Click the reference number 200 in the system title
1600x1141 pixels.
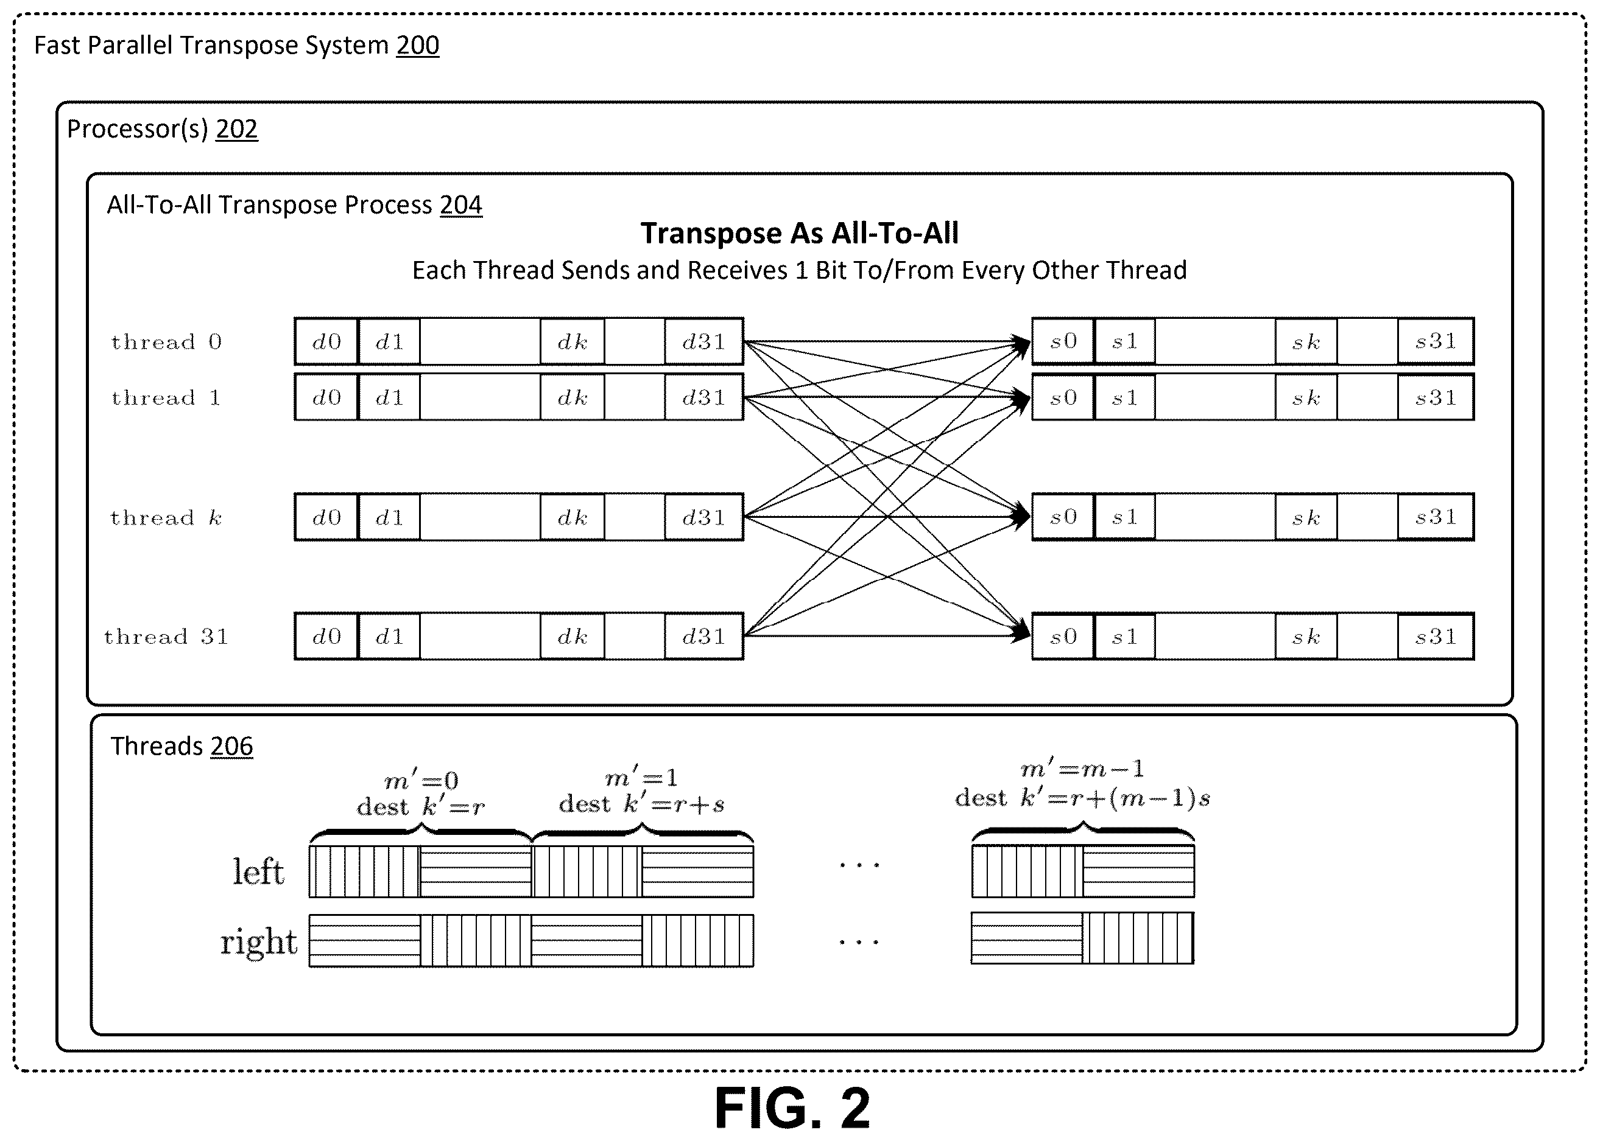(418, 45)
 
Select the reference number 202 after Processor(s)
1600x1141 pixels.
(236, 128)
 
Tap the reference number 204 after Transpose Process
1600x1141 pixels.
(461, 204)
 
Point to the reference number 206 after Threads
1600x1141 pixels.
(231, 745)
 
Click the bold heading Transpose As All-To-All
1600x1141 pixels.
(799, 233)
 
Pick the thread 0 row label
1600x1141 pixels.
(167, 342)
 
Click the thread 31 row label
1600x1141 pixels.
(167, 637)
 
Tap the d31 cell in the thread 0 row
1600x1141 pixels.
(703, 341)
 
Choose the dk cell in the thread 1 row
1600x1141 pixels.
(573, 397)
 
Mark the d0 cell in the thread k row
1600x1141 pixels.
(327, 517)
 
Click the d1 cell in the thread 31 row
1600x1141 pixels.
(389, 637)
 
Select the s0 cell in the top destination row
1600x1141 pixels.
(1063, 341)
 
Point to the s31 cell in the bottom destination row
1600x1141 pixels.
(1436, 637)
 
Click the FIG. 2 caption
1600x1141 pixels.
(792, 1108)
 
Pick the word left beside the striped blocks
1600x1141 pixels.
(259, 872)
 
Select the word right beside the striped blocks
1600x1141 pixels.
(259, 941)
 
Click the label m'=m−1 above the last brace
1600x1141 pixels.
(1082, 769)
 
